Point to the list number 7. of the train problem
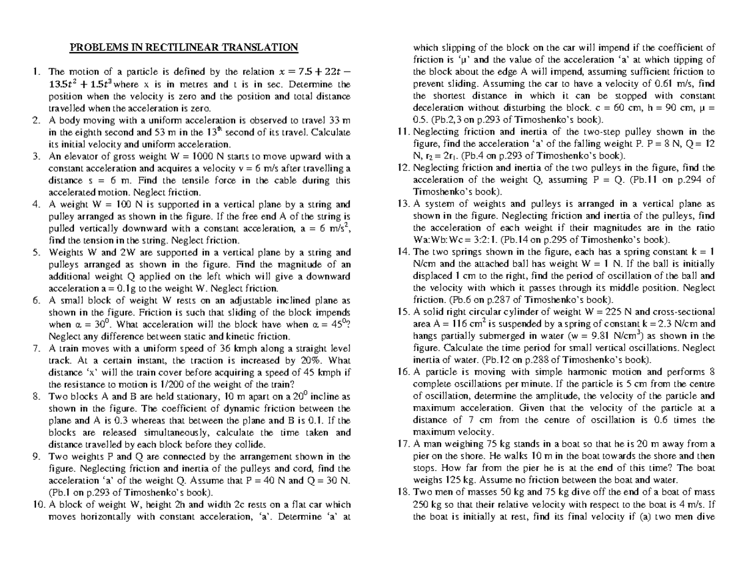point(36,349)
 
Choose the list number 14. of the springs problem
point(403,252)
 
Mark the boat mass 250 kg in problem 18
point(425,504)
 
